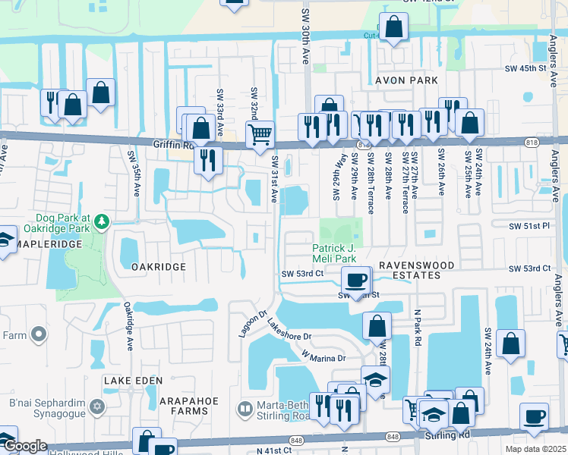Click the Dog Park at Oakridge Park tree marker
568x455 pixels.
pyautogui.click(x=100, y=221)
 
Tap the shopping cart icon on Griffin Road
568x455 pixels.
pyautogui.click(x=260, y=135)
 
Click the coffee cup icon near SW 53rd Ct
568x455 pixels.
pyautogui.click(x=355, y=280)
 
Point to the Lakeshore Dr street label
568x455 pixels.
pyautogui.click(x=289, y=329)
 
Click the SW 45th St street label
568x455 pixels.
pyautogui.click(x=526, y=68)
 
